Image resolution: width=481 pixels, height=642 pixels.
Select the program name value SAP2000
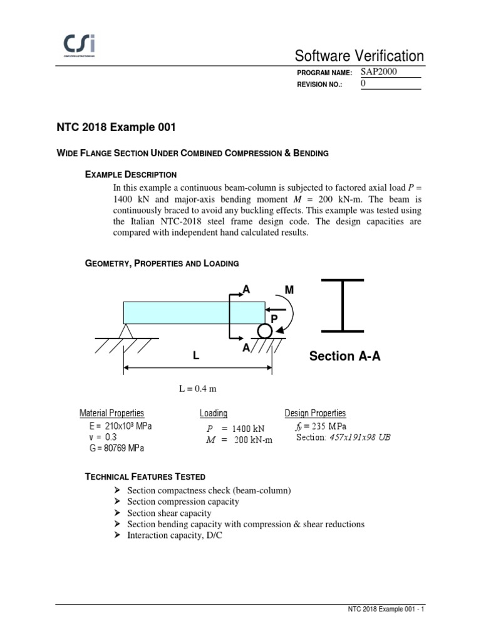click(380, 71)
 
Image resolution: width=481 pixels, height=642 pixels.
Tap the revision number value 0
click(364, 83)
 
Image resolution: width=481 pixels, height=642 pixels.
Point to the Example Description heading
click(130, 174)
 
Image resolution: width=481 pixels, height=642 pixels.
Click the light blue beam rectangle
click(194, 312)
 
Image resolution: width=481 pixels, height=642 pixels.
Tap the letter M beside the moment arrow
click(289, 290)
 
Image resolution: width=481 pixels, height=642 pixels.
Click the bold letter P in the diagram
click(274, 319)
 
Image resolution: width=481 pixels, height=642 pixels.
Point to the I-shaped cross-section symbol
click(343, 305)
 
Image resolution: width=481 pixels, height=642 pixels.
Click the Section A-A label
click(344, 356)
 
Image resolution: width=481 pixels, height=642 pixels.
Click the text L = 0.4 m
click(197, 389)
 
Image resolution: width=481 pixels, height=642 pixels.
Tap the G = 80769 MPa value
click(117, 448)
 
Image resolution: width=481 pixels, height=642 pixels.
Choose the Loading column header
click(214, 413)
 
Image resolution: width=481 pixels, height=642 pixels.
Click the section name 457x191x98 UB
click(359, 437)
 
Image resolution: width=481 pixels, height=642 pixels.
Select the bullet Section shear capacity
click(169, 513)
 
